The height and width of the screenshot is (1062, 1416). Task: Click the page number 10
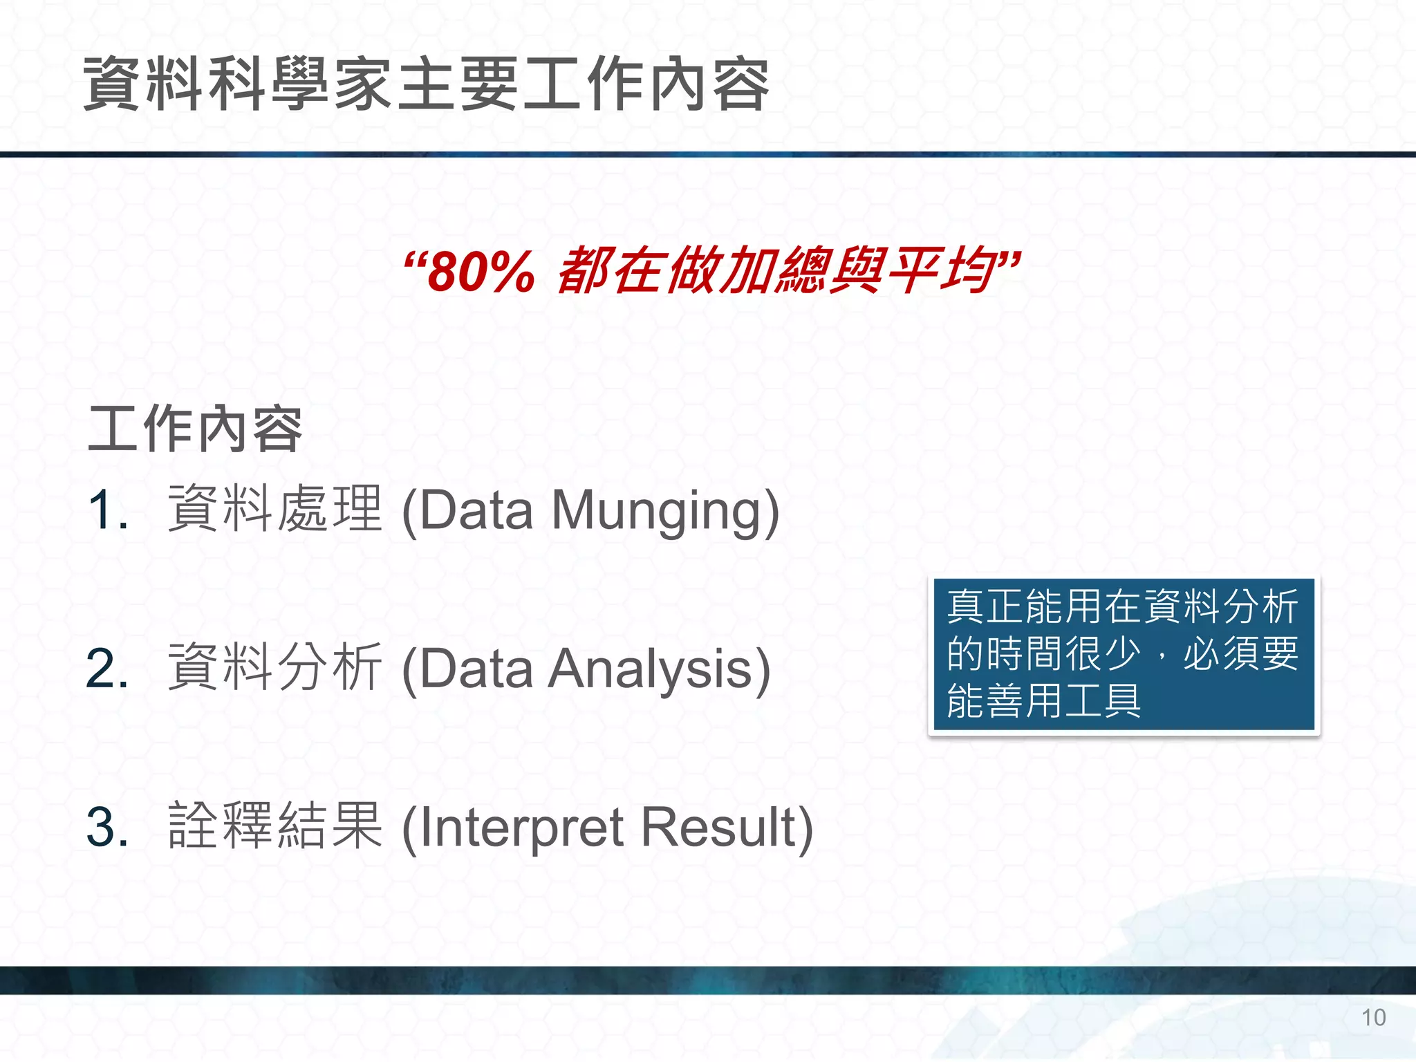pos(1373,1018)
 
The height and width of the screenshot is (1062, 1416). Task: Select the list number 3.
pos(108,828)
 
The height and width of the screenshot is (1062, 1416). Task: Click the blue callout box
pos(1124,655)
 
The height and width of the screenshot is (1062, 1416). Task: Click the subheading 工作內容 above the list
pos(196,429)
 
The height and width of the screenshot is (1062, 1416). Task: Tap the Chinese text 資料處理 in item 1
pos(275,509)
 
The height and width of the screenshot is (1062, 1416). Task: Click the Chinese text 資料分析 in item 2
pos(275,667)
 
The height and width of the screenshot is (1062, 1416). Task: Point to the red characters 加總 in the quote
pos(774,270)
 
